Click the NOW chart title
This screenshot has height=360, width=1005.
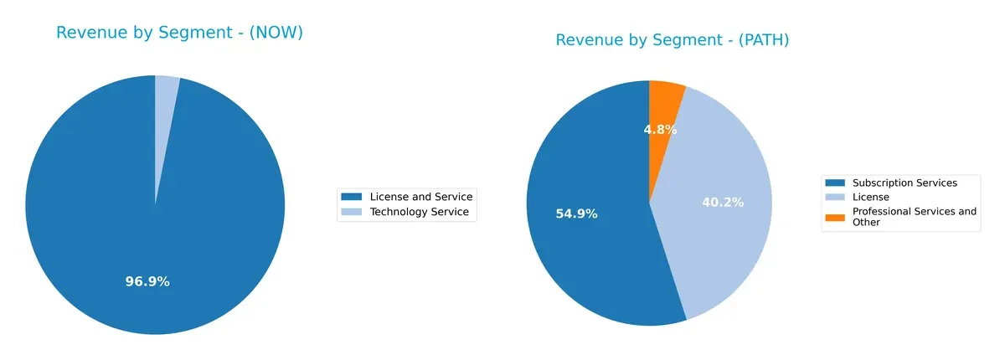[x=179, y=33]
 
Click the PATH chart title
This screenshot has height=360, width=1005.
[x=673, y=40]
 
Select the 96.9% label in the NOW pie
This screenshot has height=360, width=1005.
[x=147, y=281]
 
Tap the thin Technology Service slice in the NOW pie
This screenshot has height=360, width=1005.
[x=166, y=109]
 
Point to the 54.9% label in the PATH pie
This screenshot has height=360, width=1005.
[x=576, y=213]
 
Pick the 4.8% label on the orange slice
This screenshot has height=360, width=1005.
[x=660, y=129]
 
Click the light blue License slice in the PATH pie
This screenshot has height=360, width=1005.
[x=720, y=243]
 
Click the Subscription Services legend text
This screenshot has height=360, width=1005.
[x=904, y=183]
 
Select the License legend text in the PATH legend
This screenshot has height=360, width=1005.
[x=871, y=197]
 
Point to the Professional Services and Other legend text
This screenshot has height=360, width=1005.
[x=914, y=217]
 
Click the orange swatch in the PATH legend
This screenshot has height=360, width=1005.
[x=835, y=217]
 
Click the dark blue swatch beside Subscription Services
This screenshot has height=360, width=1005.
[x=835, y=183]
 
